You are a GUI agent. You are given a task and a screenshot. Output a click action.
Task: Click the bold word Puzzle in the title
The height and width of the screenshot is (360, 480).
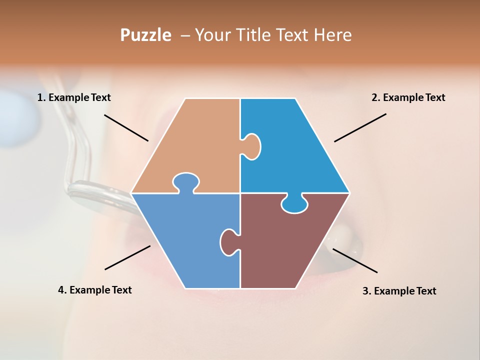tap(145, 35)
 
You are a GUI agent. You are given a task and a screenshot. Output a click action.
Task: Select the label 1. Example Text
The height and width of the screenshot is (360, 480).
tap(74, 97)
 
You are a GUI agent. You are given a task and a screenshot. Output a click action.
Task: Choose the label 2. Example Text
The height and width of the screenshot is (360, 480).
tap(408, 97)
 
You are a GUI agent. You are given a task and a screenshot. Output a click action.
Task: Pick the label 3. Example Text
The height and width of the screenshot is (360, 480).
tap(399, 291)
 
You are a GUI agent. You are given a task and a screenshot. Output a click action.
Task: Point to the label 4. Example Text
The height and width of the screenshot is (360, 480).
tap(95, 290)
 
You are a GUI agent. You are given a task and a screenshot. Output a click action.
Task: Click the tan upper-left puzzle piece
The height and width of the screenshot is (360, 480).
tap(195, 145)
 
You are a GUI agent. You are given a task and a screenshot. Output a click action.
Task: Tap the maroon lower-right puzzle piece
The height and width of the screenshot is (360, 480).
tap(285, 245)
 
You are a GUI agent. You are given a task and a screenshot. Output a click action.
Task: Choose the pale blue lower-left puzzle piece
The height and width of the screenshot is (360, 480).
tap(185, 240)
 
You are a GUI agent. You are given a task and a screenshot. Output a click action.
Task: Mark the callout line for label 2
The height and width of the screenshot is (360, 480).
tap(360, 127)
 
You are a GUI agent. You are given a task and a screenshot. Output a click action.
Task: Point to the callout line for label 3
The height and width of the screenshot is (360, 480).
tap(355, 260)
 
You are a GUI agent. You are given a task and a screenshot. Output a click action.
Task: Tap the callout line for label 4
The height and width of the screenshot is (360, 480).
tap(127, 257)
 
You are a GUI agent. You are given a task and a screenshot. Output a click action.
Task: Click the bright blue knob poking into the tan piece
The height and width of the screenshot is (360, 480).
tap(251, 145)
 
